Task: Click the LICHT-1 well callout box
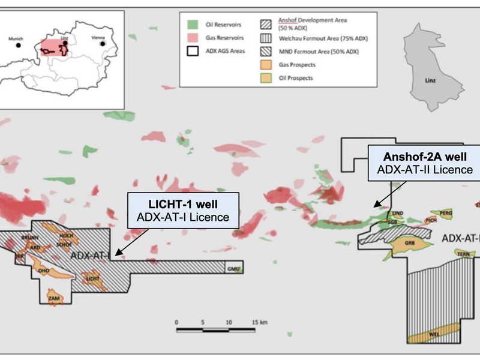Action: tap(183, 210)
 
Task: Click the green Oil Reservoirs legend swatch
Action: tap(192, 25)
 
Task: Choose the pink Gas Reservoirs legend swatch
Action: tap(192, 38)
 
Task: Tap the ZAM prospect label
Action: tap(54, 298)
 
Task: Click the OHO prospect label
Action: tap(43, 270)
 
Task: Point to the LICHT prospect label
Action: tap(92, 279)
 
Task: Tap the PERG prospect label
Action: tap(445, 213)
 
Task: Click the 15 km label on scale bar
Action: tap(259, 323)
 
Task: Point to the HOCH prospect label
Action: tap(66, 236)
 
